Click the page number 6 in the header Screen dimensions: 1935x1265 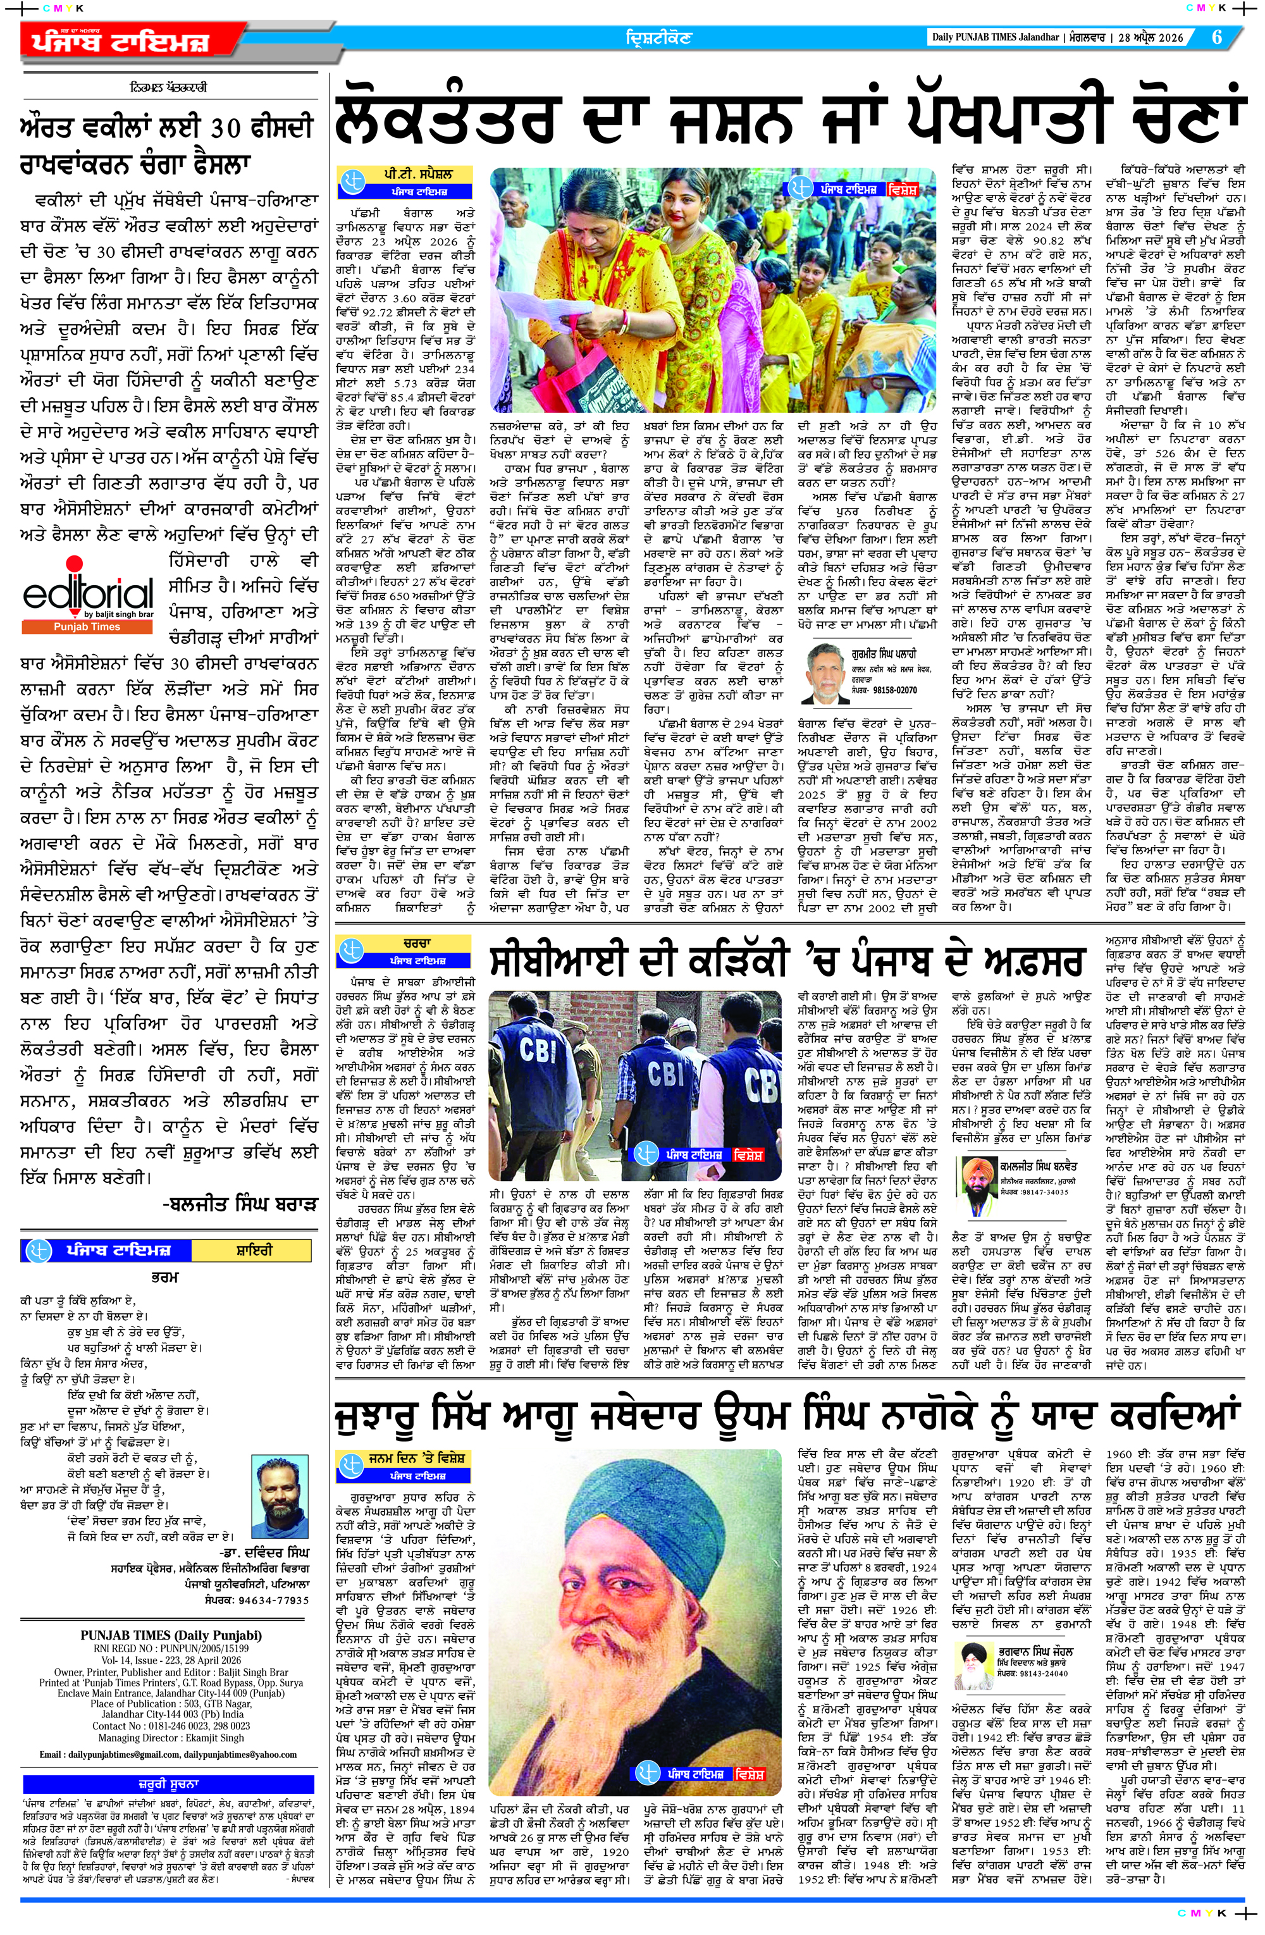click(1217, 37)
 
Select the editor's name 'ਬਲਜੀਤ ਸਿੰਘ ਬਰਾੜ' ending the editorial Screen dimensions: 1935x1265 click(240, 1203)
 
